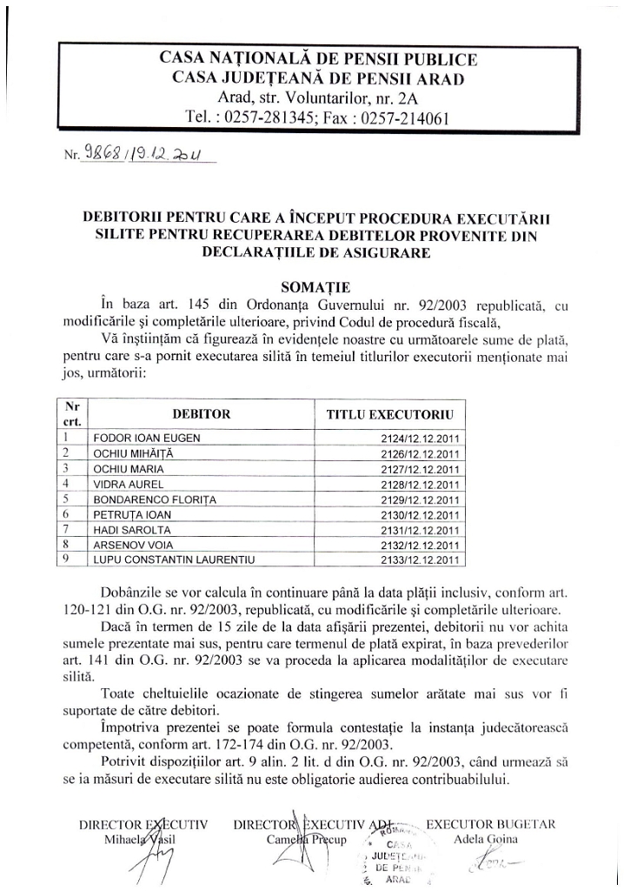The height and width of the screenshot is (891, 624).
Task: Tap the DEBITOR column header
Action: click(201, 414)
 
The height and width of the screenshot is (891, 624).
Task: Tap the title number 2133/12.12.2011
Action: click(421, 559)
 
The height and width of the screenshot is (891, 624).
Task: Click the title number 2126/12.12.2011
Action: click(421, 453)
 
